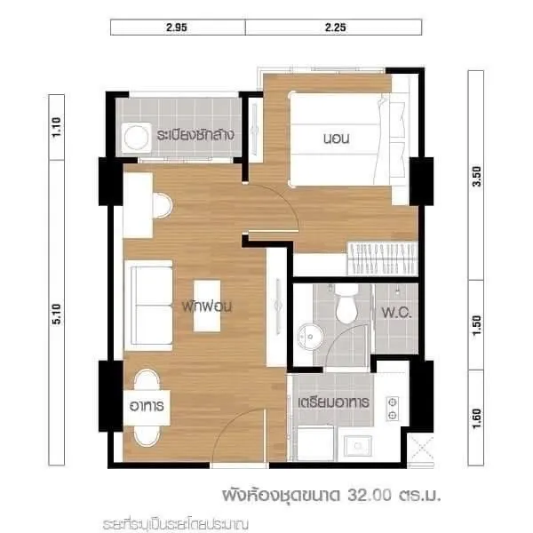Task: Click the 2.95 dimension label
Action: point(177,28)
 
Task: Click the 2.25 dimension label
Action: point(335,28)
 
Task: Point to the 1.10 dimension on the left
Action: point(57,127)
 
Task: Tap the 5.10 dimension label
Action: point(57,314)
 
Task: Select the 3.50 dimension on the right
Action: point(476,177)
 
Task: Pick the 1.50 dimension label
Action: point(476,325)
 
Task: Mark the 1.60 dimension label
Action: point(476,418)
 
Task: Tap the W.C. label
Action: point(396,313)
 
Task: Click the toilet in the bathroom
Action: point(346,305)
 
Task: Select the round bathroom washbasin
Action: point(310,337)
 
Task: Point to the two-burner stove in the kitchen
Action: point(393,409)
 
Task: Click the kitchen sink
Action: point(357,446)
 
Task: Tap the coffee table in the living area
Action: point(207,306)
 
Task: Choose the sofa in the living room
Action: point(148,306)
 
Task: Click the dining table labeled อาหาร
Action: point(147,407)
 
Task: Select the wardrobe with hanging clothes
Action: point(382,259)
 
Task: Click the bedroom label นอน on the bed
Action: point(336,139)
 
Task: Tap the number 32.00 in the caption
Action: point(370,496)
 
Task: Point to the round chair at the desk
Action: point(163,205)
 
